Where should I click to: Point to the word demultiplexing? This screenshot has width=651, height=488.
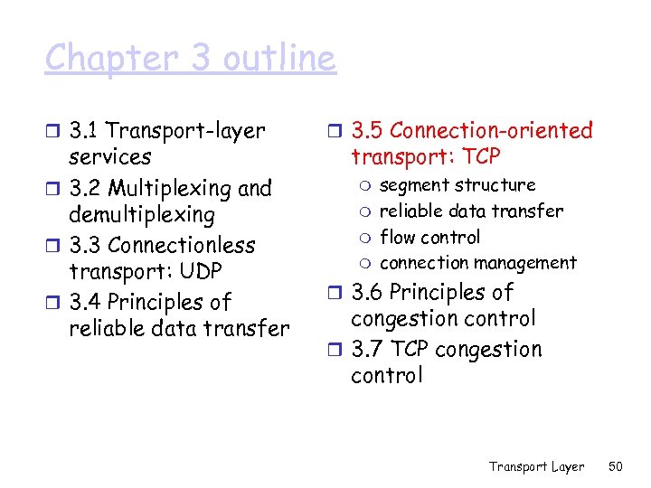point(142,215)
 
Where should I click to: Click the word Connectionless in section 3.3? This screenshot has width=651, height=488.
point(181,245)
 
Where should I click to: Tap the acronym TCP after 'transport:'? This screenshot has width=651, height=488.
point(480,157)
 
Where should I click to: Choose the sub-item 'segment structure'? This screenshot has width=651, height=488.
point(458,185)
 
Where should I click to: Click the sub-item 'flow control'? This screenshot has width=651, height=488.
point(430,238)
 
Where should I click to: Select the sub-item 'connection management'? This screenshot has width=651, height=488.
point(478,264)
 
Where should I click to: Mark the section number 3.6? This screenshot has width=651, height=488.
point(368,293)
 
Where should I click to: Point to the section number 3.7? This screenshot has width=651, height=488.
point(368,350)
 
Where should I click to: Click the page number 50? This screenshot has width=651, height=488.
point(617,466)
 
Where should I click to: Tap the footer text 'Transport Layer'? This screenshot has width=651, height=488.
point(537,466)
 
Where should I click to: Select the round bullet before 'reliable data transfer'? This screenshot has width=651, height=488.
point(364,212)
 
